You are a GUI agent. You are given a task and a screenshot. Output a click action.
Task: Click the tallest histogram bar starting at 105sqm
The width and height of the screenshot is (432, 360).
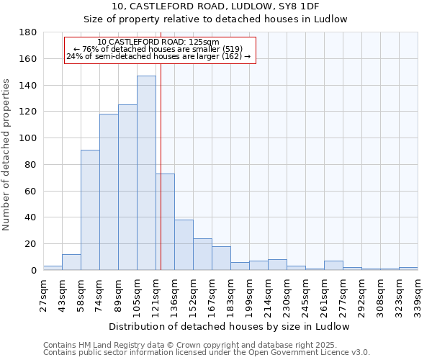click(x=146, y=173)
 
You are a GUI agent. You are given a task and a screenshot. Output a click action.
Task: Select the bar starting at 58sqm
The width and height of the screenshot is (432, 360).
click(x=90, y=210)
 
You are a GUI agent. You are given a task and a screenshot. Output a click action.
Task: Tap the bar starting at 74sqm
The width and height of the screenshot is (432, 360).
click(x=109, y=192)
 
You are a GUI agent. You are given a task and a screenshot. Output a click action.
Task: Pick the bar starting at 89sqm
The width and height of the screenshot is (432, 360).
click(x=127, y=187)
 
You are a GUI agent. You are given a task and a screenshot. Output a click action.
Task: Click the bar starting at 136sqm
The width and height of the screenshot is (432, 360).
click(x=184, y=245)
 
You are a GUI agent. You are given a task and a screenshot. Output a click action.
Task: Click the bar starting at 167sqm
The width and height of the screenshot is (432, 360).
click(x=221, y=258)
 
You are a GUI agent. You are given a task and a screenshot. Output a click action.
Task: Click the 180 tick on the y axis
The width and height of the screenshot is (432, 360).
click(x=27, y=32)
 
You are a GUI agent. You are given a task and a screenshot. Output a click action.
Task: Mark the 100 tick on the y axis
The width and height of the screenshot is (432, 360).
click(x=27, y=138)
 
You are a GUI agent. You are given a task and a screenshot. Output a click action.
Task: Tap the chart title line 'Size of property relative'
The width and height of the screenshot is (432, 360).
click(x=215, y=19)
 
